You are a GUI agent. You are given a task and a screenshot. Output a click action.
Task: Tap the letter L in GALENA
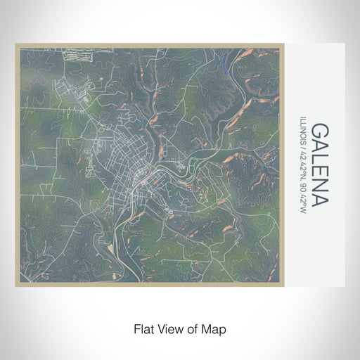[319, 160]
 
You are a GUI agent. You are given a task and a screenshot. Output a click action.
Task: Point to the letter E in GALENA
[319, 172]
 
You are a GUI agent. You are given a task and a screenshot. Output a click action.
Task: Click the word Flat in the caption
[144, 329]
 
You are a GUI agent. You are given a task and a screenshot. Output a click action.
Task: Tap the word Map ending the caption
[214, 329]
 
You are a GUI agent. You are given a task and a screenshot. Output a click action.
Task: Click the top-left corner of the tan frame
[15, 44]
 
